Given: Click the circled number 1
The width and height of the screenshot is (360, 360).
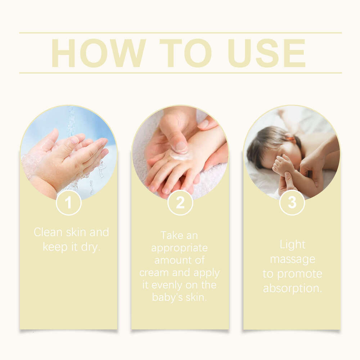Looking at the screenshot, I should point(68,203).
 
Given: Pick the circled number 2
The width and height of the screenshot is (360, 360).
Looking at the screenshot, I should point(180,203).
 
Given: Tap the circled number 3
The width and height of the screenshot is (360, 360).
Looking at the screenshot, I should point(292,203).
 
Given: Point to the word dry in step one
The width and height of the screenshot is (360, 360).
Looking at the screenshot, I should point(90,248).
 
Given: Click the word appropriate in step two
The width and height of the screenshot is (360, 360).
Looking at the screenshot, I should point(179,248).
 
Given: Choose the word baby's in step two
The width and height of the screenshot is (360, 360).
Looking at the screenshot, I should point(168,298).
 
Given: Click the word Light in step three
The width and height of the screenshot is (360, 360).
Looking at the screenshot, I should point(292,245).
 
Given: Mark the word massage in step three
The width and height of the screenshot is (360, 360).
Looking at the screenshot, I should point(292,259).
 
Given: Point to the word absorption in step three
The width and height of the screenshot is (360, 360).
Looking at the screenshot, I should point(292,288).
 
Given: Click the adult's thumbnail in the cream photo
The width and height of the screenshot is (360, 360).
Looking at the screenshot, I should point(181,147).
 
